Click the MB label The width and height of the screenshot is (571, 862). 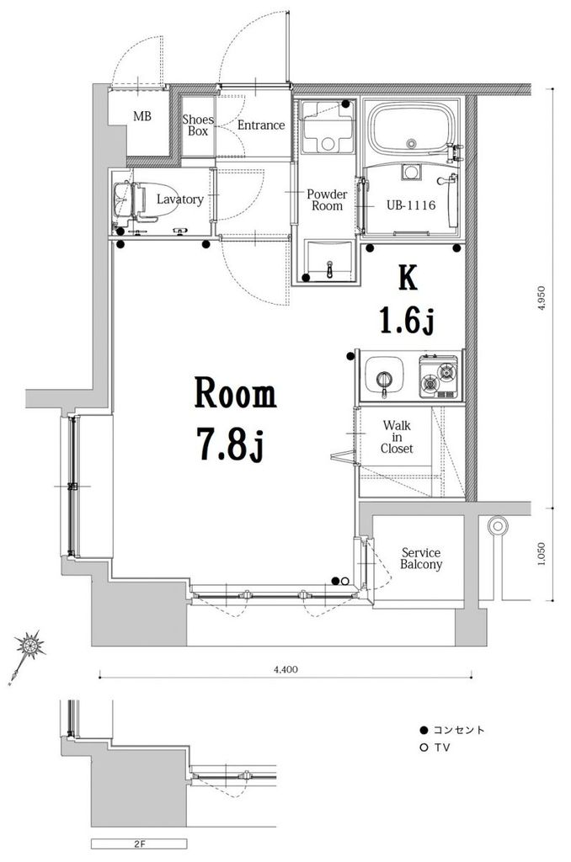point(142,116)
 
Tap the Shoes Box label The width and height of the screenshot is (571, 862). point(197,125)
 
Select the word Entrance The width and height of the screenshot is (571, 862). point(261,125)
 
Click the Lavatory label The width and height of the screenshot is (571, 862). point(180,199)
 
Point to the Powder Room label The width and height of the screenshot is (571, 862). point(327,200)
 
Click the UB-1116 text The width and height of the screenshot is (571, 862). point(410,205)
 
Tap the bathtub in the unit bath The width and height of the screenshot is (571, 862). point(413,127)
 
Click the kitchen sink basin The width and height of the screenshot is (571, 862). point(385,378)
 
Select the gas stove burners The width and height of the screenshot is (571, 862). point(439,376)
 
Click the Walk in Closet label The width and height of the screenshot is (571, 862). point(397,437)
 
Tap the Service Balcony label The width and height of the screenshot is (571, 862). point(421,559)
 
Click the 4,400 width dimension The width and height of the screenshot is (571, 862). point(285,669)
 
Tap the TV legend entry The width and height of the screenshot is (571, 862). point(435,748)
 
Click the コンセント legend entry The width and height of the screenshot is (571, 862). point(452,730)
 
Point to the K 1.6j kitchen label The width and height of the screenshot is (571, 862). point(408,301)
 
